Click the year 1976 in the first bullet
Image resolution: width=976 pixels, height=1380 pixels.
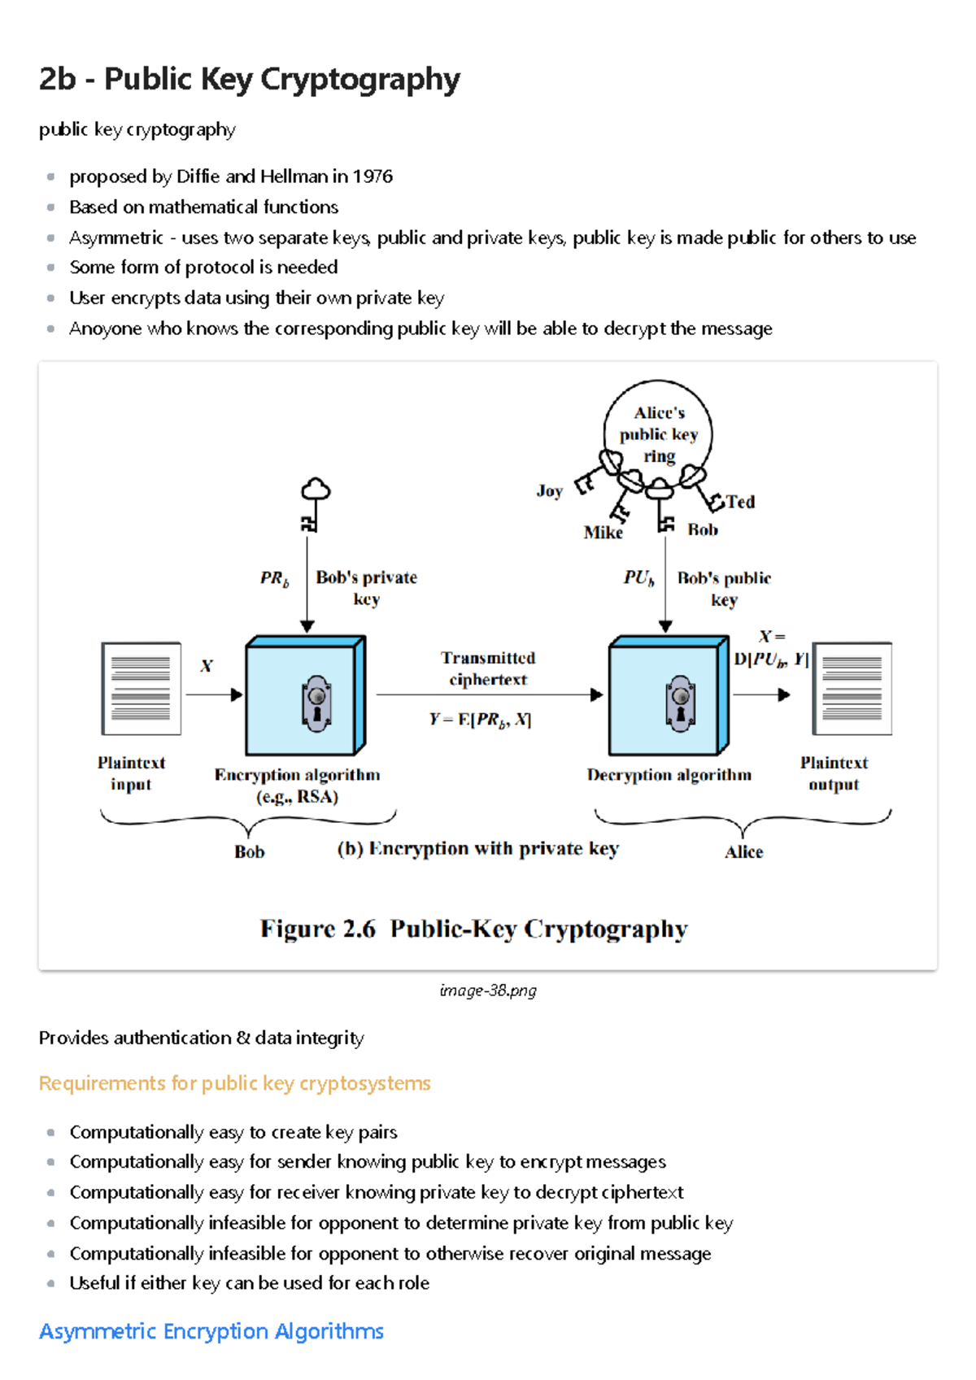(x=373, y=176)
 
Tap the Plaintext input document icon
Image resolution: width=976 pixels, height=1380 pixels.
(x=141, y=688)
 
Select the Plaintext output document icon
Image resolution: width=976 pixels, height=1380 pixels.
(x=852, y=688)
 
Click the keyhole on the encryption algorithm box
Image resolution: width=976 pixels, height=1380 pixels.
(x=317, y=703)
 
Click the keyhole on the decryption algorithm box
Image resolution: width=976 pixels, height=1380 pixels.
(x=680, y=703)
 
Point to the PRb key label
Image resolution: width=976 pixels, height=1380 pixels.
(x=274, y=578)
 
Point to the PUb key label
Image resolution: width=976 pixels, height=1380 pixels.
(x=638, y=578)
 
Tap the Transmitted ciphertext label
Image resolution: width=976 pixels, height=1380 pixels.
(x=488, y=668)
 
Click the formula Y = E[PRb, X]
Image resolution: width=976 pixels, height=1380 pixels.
(x=480, y=720)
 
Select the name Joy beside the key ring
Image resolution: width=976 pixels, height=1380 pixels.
(x=549, y=490)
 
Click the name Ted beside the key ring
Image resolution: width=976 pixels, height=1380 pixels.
(x=740, y=502)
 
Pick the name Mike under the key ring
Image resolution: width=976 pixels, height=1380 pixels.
(x=603, y=533)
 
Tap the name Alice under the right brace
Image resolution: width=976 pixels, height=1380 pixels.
(x=743, y=852)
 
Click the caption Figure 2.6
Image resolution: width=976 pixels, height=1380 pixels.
(x=317, y=929)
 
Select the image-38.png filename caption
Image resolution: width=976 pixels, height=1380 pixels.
(x=488, y=990)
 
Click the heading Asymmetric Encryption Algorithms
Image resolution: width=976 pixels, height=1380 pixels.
(x=211, y=1331)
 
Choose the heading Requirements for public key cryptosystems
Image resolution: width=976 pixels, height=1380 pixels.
(x=234, y=1083)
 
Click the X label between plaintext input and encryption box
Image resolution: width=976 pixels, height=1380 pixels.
(x=207, y=666)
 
